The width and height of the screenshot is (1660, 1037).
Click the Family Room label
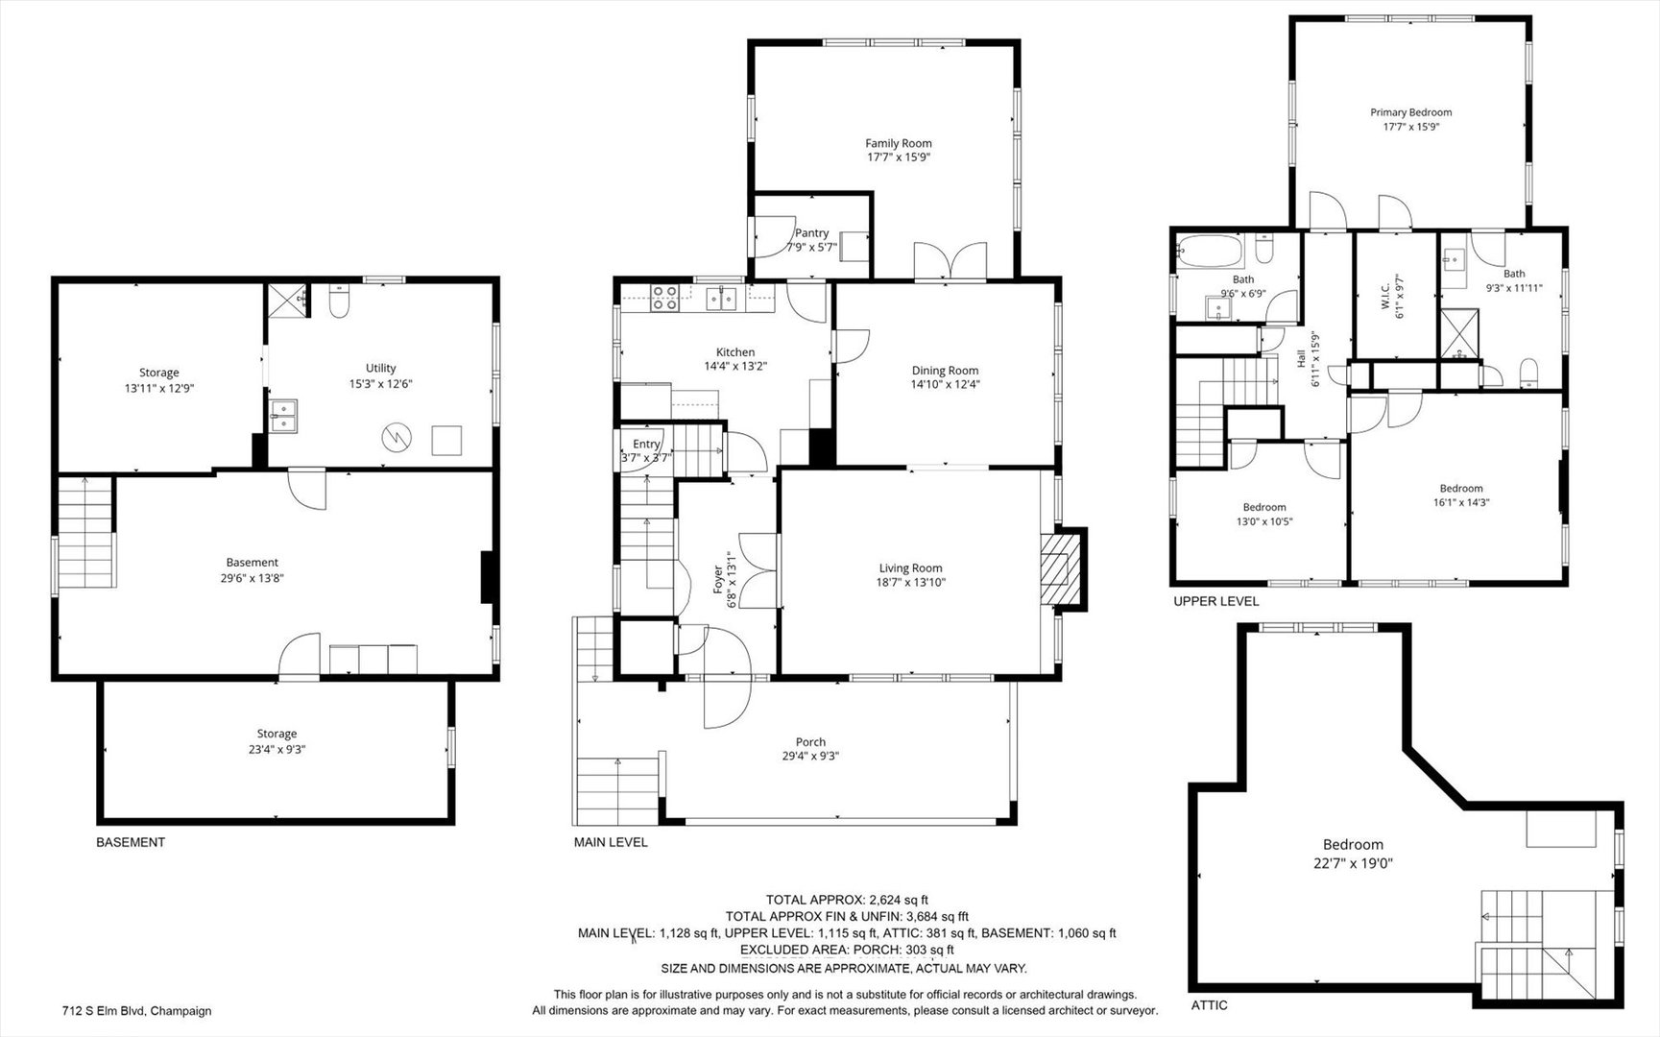pos(899,144)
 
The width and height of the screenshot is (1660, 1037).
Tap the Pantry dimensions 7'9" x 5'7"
pos(811,247)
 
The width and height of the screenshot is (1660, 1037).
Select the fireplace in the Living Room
pos(1063,567)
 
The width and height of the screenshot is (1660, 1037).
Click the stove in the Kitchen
pos(664,300)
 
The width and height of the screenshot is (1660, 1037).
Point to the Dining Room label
pos(945,371)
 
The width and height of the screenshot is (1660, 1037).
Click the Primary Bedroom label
pos(1410,112)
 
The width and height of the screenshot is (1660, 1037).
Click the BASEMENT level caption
pos(131,842)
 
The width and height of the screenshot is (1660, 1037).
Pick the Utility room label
pos(380,368)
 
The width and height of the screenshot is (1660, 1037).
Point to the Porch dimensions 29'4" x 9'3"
pos(810,756)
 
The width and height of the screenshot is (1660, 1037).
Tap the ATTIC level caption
pos(1209,1005)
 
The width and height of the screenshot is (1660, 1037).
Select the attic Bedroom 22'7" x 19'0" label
pos(1354,854)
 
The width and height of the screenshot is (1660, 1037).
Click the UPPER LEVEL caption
pos(1215,601)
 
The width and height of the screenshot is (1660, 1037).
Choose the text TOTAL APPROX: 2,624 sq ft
pos(847,900)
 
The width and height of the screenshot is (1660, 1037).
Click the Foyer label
pos(719,580)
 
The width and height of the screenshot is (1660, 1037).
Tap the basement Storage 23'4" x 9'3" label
pos(277,741)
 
